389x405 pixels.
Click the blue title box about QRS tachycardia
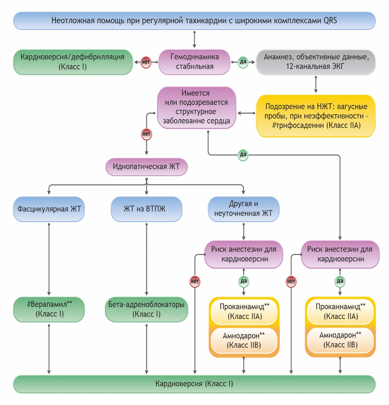pos(194,20)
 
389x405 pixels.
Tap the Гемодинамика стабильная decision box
pos(194,61)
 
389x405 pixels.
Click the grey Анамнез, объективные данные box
pos(316,61)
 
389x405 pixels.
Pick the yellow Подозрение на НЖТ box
pos(316,116)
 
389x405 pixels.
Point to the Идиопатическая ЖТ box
pos(146,167)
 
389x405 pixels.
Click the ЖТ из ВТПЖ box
pos(146,209)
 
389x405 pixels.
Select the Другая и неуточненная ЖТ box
pos(243,209)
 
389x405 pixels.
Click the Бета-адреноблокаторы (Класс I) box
pos(146,308)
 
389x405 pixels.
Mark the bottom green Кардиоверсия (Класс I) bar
pos(194,384)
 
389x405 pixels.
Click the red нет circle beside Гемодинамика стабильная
pos(146,62)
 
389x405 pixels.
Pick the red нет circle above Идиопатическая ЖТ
pos(146,134)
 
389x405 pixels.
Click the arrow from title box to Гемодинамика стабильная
pos(194,39)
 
